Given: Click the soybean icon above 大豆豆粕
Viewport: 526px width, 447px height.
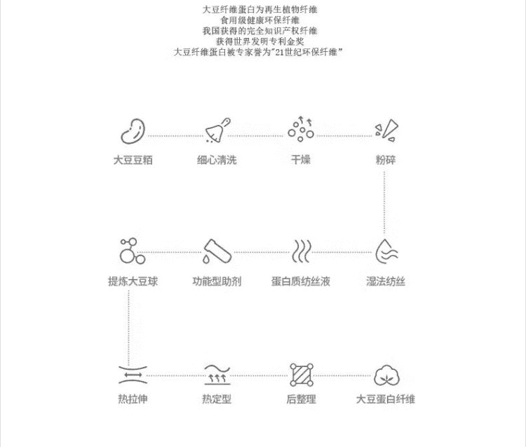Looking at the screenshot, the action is pos(133,131).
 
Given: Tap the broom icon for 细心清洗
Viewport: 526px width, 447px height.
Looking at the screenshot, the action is pos(217,131).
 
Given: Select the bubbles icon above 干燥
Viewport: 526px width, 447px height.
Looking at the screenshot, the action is pos(301,129).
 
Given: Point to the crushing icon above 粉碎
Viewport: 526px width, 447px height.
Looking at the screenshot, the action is pos(386,131).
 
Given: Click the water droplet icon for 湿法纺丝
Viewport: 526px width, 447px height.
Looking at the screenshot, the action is pos(386,251).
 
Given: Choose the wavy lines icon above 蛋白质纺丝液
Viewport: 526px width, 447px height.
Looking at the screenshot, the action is pos(302,251).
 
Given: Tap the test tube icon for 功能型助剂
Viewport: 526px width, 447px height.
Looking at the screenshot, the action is pos(217,251).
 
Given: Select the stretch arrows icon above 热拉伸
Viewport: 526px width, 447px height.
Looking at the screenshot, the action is pos(133,375).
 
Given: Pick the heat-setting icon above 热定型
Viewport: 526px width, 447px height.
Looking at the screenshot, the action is pos(217,375).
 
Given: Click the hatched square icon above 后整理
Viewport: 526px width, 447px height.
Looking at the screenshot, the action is pos(302,375).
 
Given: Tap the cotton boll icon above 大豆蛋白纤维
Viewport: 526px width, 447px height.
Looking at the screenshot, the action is pos(386,375).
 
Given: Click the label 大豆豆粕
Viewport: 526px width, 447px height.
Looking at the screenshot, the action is pos(133,160).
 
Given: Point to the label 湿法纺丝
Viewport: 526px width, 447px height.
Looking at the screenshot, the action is pos(386,281).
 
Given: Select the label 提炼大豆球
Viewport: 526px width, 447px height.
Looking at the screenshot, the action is pos(133,281).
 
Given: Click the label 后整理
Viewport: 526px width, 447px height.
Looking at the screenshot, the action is pos(302,399).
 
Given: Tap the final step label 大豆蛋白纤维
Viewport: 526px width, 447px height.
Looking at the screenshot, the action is pos(386,399).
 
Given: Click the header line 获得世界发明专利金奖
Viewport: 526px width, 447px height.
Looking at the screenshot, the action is pos(260,41).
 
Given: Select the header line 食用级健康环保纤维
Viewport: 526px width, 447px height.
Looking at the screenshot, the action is pos(260,20).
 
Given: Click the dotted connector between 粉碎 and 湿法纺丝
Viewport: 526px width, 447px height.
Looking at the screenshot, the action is pos(384,202).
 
